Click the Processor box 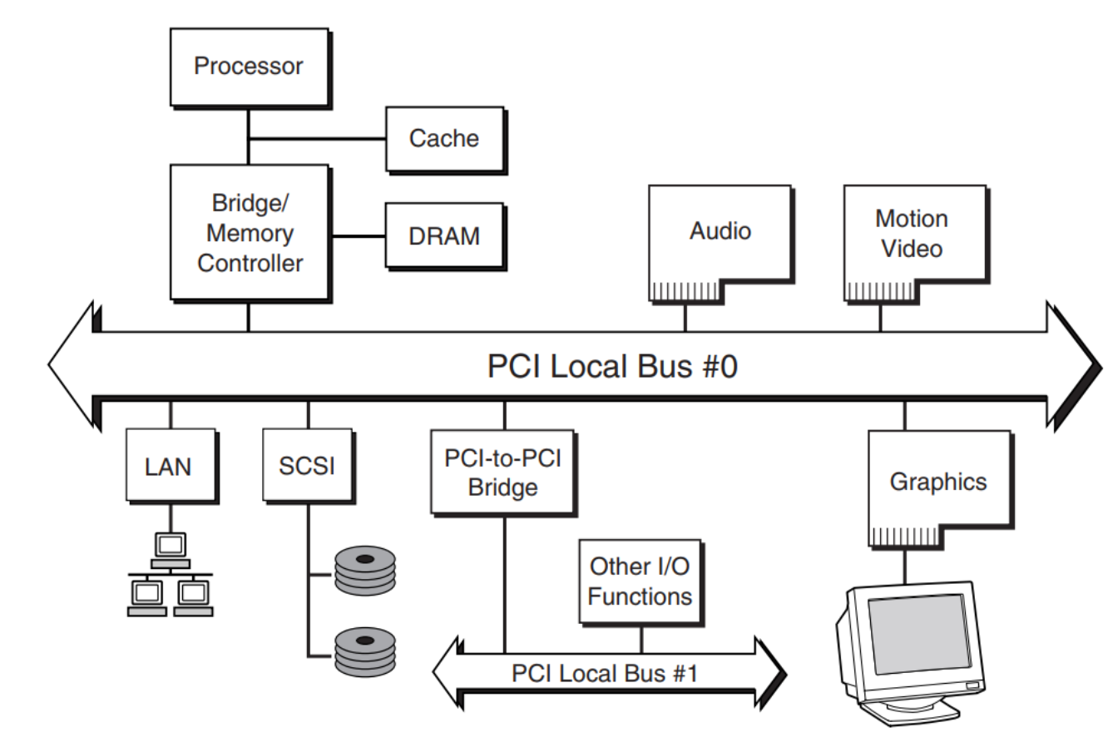click(x=249, y=67)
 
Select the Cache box click(x=444, y=138)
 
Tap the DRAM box click(x=444, y=236)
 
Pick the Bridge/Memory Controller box click(x=250, y=233)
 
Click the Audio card click(x=720, y=231)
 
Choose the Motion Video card click(x=913, y=233)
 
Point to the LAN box click(x=170, y=466)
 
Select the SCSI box click(x=307, y=465)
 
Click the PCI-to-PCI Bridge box click(x=502, y=471)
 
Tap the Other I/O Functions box click(x=640, y=581)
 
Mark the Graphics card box click(x=938, y=482)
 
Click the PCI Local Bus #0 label click(x=612, y=366)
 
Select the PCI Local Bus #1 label click(x=605, y=673)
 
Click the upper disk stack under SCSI click(x=365, y=570)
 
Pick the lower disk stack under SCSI click(x=365, y=651)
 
